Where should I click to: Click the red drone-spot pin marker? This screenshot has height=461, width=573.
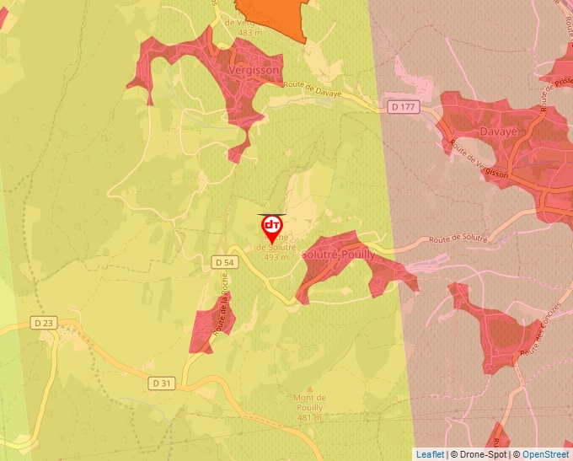272,228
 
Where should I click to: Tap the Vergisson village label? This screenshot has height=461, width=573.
254,72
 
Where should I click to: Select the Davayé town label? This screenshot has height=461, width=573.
497,132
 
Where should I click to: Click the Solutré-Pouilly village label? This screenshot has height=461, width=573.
338,254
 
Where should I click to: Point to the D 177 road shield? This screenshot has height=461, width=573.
404,107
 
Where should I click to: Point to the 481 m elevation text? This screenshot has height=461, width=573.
309,418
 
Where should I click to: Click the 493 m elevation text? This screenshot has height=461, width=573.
276,257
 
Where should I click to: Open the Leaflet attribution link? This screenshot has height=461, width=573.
430,454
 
